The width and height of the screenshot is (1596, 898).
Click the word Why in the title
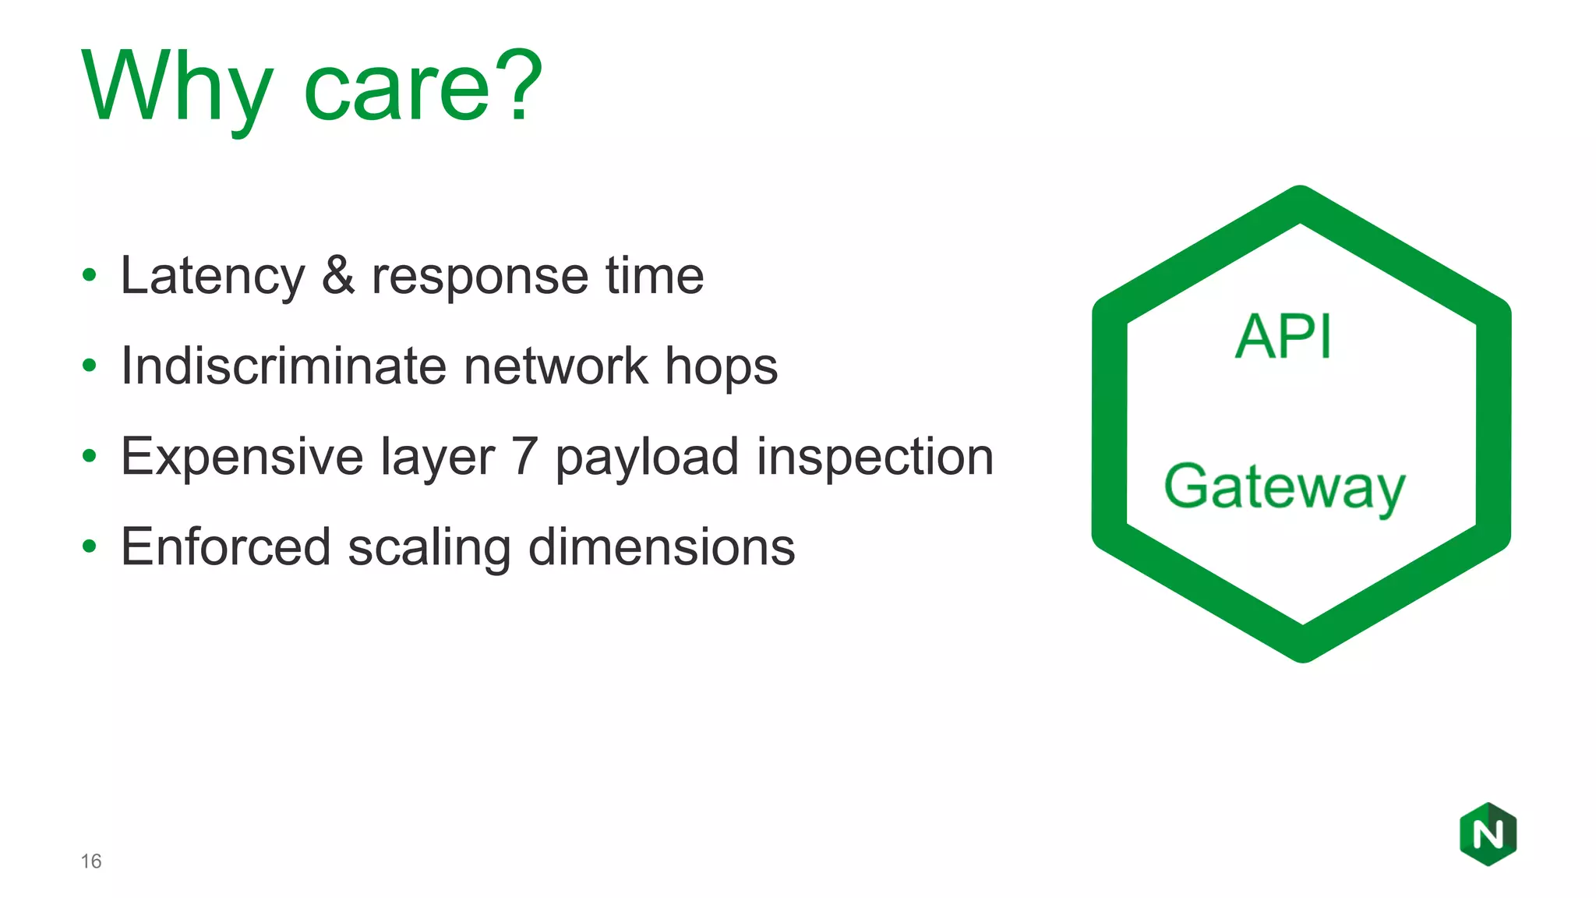point(178,87)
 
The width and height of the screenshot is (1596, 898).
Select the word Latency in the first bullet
point(213,277)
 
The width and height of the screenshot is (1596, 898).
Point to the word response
point(479,277)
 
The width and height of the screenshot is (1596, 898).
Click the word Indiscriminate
point(283,366)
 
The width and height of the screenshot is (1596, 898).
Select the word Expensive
point(242,457)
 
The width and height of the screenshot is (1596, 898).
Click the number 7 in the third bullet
point(524,456)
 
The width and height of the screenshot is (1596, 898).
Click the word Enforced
point(225,546)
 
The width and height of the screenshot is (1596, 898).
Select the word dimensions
point(662,546)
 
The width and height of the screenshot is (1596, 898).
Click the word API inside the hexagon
point(1284,337)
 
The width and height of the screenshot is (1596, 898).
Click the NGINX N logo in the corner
point(1488,834)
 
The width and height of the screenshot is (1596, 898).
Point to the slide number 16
point(91,861)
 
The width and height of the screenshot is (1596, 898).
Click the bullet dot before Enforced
point(90,546)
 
